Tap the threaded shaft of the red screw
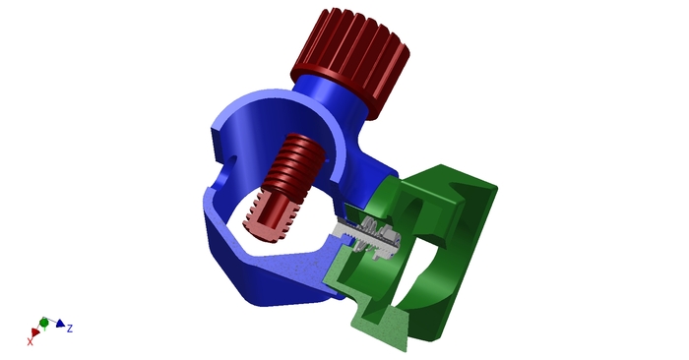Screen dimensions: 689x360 coord(295,168)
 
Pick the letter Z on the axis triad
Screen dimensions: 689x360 coord(70,328)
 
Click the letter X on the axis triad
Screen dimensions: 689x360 coord(30,341)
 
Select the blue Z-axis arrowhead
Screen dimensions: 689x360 coord(60,324)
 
